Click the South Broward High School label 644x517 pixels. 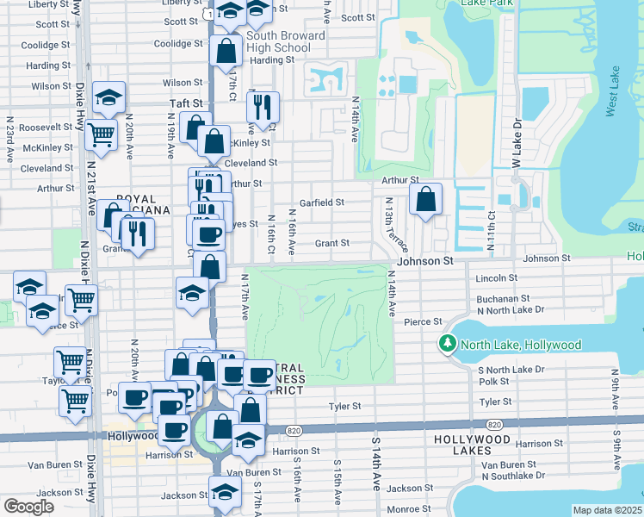(277, 41)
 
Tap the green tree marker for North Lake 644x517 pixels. (448, 345)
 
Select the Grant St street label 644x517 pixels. (331, 244)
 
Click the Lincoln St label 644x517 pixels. (496, 278)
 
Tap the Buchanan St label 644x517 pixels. (501, 298)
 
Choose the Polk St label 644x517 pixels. (493, 381)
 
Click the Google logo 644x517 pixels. (28, 507)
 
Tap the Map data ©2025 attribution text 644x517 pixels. (606, 510)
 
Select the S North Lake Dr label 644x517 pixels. (511, 370)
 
